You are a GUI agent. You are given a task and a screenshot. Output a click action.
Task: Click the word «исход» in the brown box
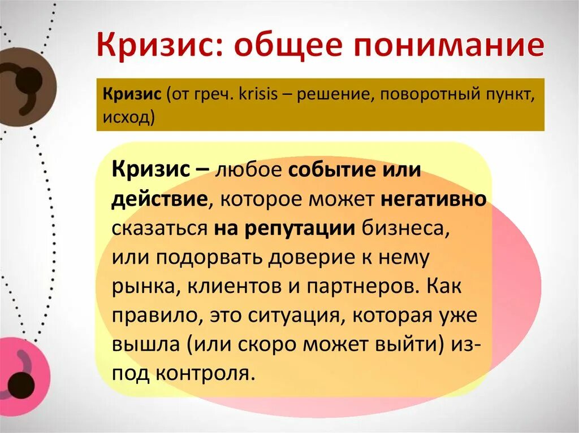127,118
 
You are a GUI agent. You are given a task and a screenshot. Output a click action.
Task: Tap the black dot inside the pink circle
21,385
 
